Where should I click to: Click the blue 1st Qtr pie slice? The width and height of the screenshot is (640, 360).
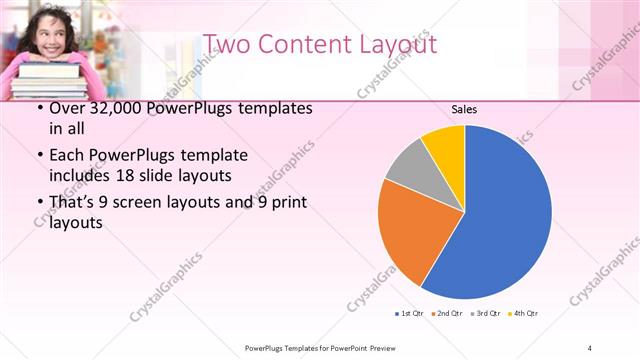tap(500, 220)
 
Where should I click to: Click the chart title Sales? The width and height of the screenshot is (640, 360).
tap(463, 109)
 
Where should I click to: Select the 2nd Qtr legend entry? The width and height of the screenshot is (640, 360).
tap(446, 313)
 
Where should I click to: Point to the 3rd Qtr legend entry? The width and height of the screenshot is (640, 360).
tap(485, 313)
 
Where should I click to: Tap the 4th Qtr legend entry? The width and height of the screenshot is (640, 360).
tap(524, 313)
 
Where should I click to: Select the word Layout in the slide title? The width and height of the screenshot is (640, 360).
tap(395, 44)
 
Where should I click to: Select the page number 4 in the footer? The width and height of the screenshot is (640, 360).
tap(589, 347)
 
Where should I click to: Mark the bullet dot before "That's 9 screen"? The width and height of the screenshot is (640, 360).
tap(38, 204)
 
